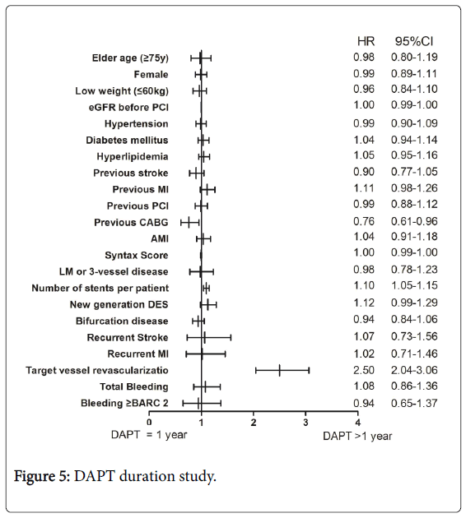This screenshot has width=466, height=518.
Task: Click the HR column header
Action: (366, 41)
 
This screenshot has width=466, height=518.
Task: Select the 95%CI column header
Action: (414, 41)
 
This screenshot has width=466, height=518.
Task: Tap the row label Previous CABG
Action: (131, 222)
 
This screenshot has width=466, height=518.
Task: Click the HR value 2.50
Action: (364, 370)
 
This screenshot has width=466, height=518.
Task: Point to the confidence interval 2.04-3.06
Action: (414, 370)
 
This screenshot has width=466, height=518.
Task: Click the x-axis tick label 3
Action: (305, 422)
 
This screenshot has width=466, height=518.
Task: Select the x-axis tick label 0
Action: (149, 422)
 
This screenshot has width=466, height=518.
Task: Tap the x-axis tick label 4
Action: (357, 422)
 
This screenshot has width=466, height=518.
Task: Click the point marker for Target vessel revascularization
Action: (279, 370)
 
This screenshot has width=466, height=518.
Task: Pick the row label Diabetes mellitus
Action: (127, 140)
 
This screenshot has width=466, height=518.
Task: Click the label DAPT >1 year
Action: (357, 436)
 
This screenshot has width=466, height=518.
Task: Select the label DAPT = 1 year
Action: (149, 435)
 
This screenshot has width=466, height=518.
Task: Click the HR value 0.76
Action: (364, 221)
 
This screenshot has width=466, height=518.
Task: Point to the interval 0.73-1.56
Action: (414, 336)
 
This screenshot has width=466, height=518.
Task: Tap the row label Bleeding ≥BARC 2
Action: (124, 403)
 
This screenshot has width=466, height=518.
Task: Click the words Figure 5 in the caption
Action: (40, 476)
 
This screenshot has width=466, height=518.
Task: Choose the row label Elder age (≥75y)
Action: (130, 58)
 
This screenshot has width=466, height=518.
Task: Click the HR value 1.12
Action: (364, 303)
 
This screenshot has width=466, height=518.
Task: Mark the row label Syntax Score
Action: (137, 256)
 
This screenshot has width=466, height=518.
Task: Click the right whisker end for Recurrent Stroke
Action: (231, 337)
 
